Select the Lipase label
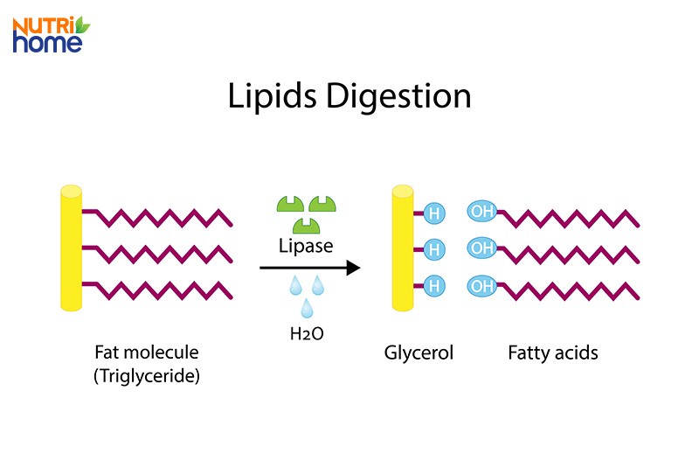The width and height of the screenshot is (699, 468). (x=305, y=246)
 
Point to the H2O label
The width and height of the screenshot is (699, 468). (x=306, y=333)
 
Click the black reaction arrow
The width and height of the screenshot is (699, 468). (x=310, y=268)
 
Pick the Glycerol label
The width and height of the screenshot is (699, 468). (x=419, y=353)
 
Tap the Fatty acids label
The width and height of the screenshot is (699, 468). (x=553, y=353)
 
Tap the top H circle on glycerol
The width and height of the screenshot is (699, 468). (x=433, y=212)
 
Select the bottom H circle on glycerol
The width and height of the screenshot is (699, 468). (x=433, y=285)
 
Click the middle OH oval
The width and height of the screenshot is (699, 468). (x=481, y=248)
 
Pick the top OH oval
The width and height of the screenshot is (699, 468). (x=481, y=211)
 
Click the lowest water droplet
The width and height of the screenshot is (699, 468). (x=307, y=307)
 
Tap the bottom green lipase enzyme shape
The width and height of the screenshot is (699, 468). (x=305, y=225)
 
